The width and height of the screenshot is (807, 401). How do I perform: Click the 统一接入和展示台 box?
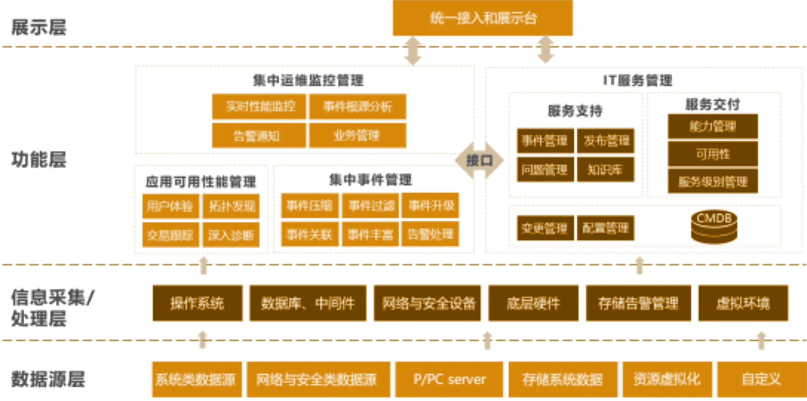482,18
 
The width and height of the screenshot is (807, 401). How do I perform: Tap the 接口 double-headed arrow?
479,160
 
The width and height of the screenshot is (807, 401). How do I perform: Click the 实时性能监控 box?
259,106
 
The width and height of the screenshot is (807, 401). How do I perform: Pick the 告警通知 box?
259,136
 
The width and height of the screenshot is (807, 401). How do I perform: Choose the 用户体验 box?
170,206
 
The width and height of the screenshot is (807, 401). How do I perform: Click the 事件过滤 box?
370,206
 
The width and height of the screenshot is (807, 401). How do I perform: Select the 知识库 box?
605,170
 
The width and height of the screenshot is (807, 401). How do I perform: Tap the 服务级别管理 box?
713,182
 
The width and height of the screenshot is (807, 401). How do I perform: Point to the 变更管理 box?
545,228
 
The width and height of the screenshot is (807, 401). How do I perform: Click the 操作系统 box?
197,303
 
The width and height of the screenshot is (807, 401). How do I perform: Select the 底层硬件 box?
533,303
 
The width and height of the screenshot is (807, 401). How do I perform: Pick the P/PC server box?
449,379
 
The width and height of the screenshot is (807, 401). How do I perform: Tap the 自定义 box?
761,379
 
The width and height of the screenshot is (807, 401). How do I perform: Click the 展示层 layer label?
39,28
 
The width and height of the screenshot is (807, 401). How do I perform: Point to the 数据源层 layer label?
48,379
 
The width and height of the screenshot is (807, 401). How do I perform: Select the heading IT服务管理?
637,80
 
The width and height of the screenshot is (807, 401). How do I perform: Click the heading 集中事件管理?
370,180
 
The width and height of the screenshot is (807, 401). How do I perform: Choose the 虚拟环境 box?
743,303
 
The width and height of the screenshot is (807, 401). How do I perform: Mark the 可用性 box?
713,154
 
